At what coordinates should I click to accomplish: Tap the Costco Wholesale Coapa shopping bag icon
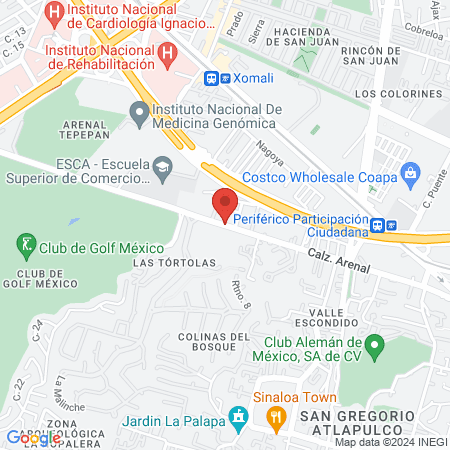point(409,174)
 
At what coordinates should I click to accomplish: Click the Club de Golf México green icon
point(25,243)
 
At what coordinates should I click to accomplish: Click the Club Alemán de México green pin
point(376,349)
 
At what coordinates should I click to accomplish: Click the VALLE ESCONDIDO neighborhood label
point(326,317)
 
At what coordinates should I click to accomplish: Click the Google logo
point(32,437)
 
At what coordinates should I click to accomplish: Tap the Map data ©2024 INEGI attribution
point(389,442)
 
